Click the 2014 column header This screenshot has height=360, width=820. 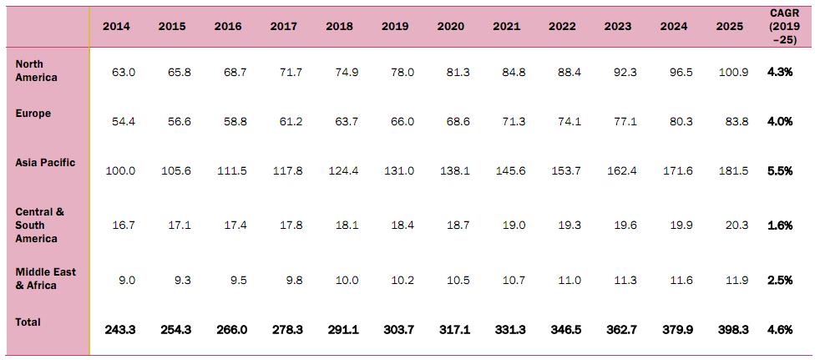116,26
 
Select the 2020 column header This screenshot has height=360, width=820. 451,26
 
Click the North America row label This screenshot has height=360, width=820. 36,71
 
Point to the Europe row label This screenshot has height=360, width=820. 33,114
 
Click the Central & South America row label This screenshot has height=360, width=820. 39,226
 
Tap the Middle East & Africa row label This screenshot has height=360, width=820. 45,279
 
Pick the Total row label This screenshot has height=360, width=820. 28,322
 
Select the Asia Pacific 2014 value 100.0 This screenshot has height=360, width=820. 120,171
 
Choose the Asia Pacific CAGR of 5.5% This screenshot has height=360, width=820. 780,171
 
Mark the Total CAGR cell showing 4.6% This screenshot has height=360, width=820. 780,330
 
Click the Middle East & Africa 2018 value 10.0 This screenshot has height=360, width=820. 346,281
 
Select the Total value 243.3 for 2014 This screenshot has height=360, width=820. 120,330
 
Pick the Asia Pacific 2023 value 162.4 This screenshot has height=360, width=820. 621,171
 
